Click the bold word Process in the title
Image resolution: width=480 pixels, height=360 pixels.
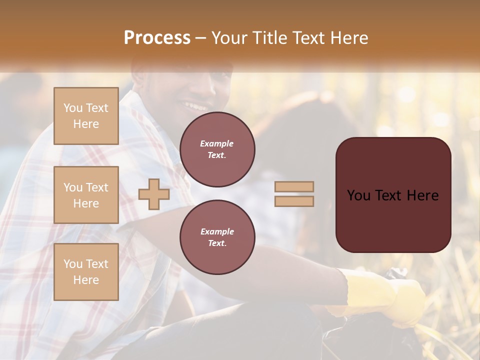click(x=157, y=38)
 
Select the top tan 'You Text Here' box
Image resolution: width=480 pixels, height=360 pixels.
click(x=86, y=116)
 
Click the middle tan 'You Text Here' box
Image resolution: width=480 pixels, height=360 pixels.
click(x=86, y=195)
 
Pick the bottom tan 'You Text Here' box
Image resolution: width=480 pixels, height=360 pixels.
click(x=86, y=272)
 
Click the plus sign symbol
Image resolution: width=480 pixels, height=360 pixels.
click(x=153, y=194)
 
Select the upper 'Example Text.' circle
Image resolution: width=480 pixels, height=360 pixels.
click(x=217, y=149)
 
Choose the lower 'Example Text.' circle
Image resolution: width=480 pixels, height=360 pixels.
click(x=217, y=237)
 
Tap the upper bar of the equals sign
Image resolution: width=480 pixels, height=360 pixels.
click(x=294, y=187)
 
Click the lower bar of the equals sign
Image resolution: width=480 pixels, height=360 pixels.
click(x=294, y=201)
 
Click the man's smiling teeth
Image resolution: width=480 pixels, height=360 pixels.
click(x=196, y=106)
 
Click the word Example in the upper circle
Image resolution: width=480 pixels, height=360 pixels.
click(x=217, y=143)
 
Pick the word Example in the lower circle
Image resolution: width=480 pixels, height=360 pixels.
click(x=217, y=231)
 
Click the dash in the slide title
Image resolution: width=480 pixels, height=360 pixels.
click(x=201, y=38)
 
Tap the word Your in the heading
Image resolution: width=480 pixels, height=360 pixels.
click(x=229, y=38)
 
